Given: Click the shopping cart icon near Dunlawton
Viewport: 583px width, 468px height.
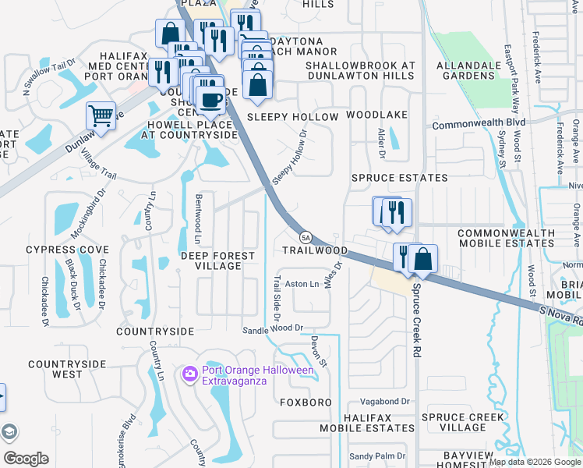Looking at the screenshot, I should click(x=101, y=116).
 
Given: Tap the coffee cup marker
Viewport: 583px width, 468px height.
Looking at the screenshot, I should click(x=210, y=100).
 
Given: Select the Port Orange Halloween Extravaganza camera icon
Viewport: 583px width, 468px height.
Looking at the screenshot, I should click(x=189, y=375).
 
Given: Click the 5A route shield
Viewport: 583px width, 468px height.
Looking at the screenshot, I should click(x=306, y=237).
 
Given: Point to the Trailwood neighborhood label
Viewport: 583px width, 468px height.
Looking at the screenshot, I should click(x=314, y=250).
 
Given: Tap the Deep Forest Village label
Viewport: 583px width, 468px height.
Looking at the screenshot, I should click(x=217, y=261).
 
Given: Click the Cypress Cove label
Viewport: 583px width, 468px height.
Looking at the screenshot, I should click(x=67, y=250).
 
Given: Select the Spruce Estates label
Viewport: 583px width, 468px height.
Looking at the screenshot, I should click(x=400, y=178).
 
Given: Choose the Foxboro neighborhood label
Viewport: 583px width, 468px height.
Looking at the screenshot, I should click(x=306, y=402).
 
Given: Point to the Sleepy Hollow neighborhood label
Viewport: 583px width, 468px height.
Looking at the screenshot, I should click(x=292, y=117).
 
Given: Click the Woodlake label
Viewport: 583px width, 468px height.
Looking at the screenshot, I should click(x=376, y=115).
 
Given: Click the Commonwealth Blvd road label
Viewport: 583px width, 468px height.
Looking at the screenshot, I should click(x=479, y=124).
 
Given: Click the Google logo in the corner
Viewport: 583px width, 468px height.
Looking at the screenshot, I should click(x=25, y=459).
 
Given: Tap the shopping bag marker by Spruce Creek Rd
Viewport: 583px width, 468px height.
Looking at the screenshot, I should click(x=422, y=259).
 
